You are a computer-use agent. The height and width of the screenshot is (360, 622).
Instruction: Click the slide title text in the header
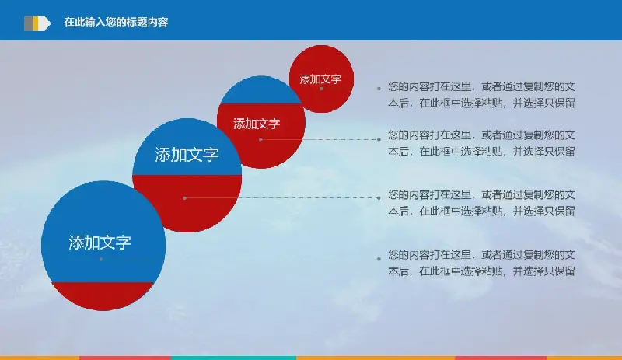pyautogui.click(x=116, y=23)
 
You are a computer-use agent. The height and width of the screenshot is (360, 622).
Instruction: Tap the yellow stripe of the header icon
pyautogui.click(x=36, y=23)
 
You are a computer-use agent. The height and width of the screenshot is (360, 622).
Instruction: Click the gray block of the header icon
pyautogui.click(x=29, y=23)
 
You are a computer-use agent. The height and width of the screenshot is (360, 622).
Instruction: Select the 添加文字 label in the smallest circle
pyautogui.click(x=320, y=79)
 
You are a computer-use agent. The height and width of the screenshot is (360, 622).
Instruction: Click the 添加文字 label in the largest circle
pyautogui.click(x=100, y=243)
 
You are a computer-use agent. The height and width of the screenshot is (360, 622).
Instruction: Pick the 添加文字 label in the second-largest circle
pyautogui.click(x=187, y=155)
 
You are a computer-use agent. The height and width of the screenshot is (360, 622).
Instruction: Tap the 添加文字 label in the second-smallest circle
pyautogui.click(x=257, y=124)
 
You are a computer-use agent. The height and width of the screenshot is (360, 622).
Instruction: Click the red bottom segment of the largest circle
pyautogui.click(x=103, y=295)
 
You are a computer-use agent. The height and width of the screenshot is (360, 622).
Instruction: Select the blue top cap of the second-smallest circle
pyautogui.click(x=260, y=90)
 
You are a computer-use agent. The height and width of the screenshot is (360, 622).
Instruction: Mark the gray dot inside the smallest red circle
pyautogui.click(x=322, y=89)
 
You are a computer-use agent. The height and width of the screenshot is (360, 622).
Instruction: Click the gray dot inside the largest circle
pyautogui.click(x=101, y=259)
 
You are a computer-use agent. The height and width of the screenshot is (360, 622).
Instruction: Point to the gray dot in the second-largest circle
pyautogui.click(x=185, y=198)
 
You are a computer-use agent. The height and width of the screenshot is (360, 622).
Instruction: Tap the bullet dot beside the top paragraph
pyautogui.click(x=379, y=89)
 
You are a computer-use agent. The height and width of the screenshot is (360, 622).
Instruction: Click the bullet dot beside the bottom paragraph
pyautogui.click(x=379, y=259)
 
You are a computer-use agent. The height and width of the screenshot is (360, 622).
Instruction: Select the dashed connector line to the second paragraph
pyautogui.click(x=320, y=139)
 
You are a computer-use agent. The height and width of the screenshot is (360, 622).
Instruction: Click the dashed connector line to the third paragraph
pyautogui.click(x=281, y=197)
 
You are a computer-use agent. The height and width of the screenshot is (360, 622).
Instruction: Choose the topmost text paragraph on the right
pyautogui.click(x=481, y=95)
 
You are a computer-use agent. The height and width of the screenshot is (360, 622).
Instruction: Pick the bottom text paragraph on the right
pyautogui.click(x=481, y=263)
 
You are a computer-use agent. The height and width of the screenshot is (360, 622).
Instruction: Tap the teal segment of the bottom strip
pyautogui.click(x=234, y=358)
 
